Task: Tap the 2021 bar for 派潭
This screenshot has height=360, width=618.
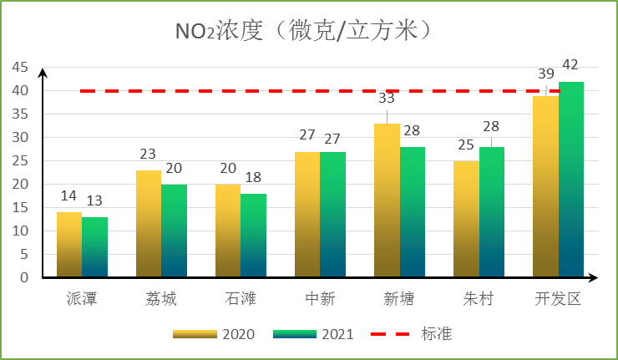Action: click(95, 247)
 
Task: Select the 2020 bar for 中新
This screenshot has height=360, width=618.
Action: click(307, 215)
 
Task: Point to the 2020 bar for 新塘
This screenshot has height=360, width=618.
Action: click(387, 200)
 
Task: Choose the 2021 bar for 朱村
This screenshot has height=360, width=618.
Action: click(492, 212)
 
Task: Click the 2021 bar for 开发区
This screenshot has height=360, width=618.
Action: click(571, 180)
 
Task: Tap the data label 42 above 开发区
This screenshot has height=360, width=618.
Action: click(571, 65)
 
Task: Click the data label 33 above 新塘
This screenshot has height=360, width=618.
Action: click(387, 98)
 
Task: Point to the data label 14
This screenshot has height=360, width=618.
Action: click(69, 196)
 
